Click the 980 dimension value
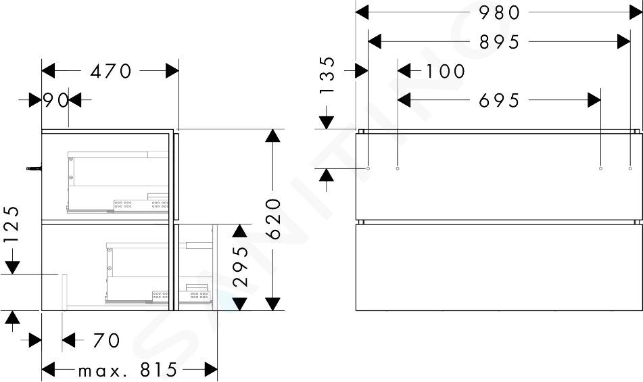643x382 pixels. (x=500, y=13)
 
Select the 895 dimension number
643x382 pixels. (x=500, y=42)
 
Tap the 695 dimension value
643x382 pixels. (x=500, y=101)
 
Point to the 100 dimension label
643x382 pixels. (x=446, y=71)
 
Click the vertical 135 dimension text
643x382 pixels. (x=328, y=76)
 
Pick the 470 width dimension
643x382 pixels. (x=111, y=71)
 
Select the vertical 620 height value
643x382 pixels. (x=273, y=219)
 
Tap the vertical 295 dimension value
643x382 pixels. (x=240, y=266)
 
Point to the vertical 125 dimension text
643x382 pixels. (x=12, y=224)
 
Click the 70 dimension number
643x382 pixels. (x=107, y=340)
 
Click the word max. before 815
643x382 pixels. (x=99, y=372)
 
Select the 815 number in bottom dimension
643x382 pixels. (x=158, y=370)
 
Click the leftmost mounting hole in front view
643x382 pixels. (x=368, y=168)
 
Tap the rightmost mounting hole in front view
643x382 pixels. (x=630, y=168)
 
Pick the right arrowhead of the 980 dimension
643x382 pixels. (x=636, y=12)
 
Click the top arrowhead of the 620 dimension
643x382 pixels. (x=272, y=136)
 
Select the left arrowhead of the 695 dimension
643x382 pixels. (x=404, y=99)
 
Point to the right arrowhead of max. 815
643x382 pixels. (x=211, y=370)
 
